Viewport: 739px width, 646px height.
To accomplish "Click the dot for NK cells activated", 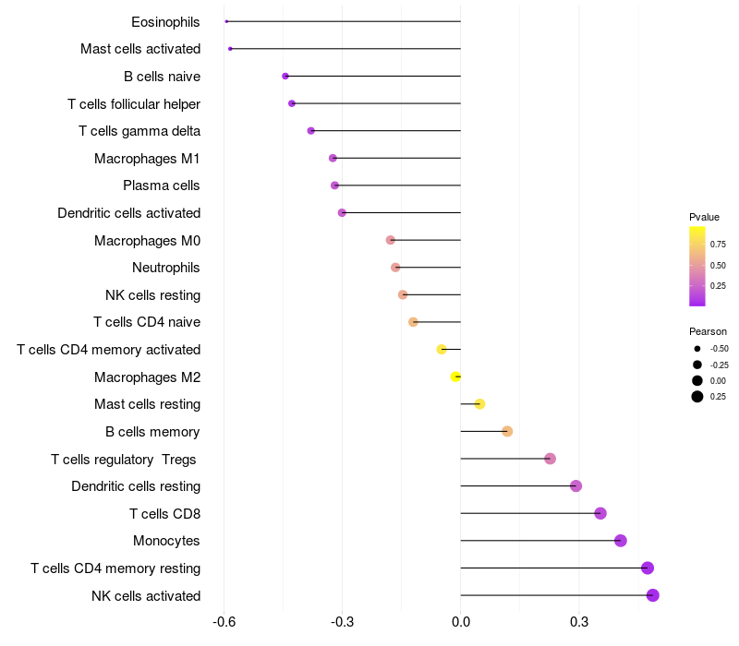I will click(x=652, y=595).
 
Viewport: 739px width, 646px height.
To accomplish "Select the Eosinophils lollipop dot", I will click(x=226, y=21).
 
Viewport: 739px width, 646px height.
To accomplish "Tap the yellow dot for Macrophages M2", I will click(x=455, y=377).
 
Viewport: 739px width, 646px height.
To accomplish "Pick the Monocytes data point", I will click(x=620, y=541).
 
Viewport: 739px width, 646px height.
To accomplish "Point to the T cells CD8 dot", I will click(x=600, y=513).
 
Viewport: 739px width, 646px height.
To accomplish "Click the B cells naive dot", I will click(x=285, y=76).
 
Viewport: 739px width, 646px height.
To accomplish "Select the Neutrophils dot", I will click(x=395, y=268).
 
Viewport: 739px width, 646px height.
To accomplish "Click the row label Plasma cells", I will click(x=162, y=185).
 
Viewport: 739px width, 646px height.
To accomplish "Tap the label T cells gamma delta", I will click(x=139, y=131).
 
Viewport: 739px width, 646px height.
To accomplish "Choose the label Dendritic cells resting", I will click(x=136, y=486).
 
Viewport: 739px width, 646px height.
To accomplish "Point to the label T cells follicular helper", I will click(x=134, y=103).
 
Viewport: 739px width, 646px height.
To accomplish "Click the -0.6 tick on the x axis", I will click(x=224, y=622).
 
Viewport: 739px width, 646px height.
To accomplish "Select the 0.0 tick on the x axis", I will click(x=460, y=622).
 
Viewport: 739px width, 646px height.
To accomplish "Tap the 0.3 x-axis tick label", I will click(x=579, y=622).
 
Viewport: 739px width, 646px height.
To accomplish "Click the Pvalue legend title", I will click(x=704, y=217).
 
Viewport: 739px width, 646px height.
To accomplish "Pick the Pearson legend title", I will click(x=708, y=331).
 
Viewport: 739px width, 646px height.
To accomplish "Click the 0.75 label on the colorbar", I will click(x=718, y=245).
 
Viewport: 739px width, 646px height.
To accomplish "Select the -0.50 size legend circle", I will click(x=697, y=349).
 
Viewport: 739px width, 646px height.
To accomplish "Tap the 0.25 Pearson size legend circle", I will click(x=697, y=397).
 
